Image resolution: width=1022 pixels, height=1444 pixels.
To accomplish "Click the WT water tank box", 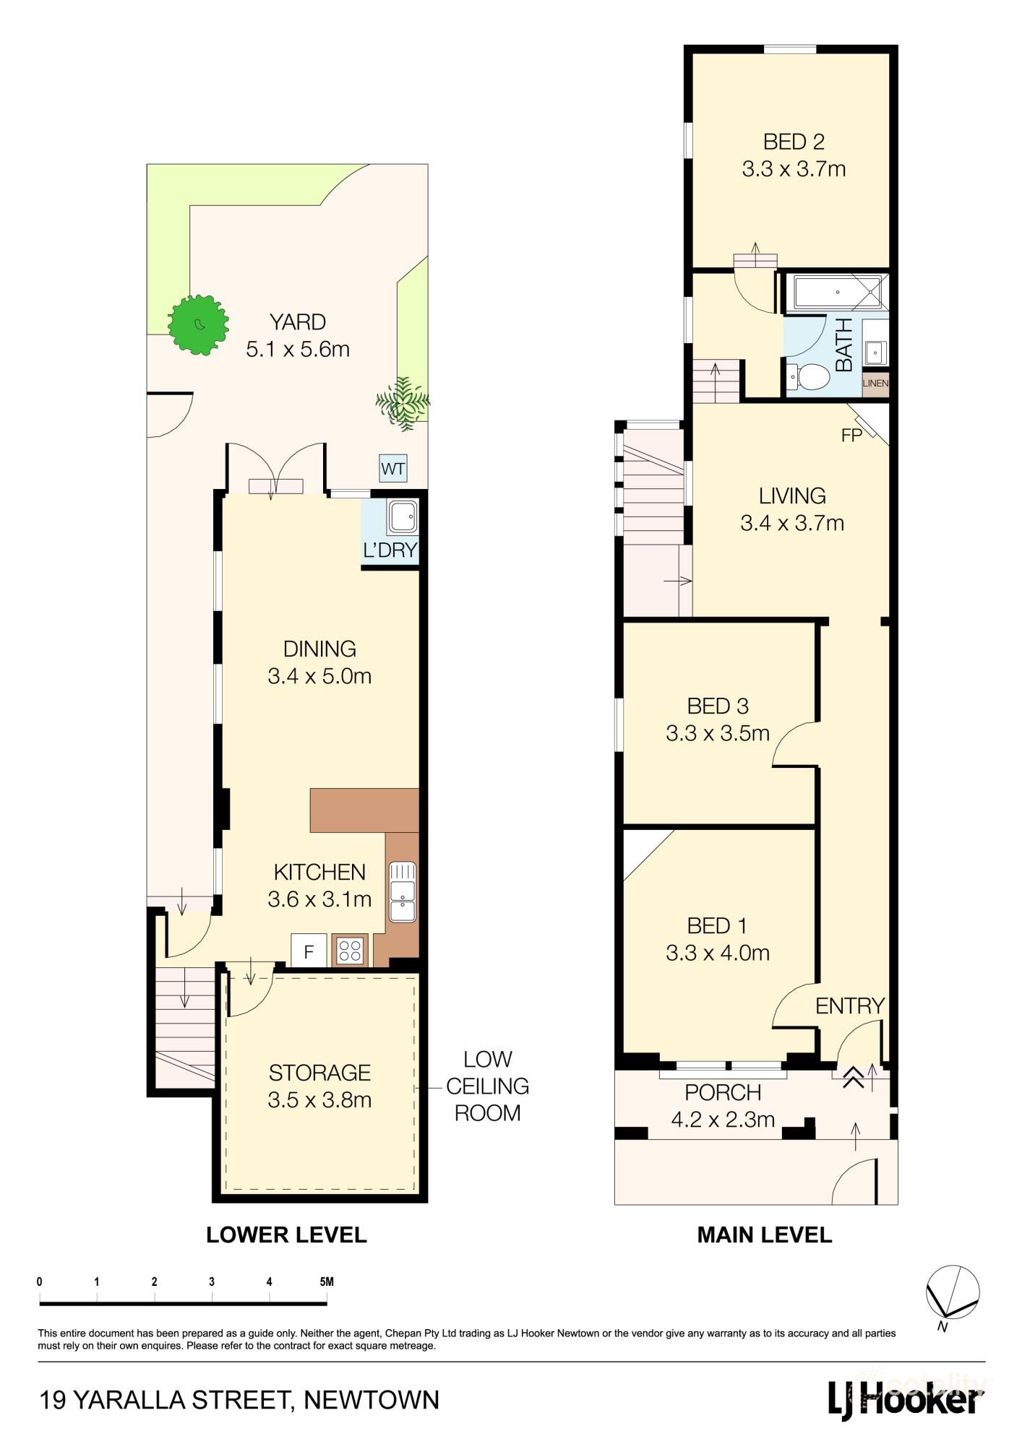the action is [393, 469].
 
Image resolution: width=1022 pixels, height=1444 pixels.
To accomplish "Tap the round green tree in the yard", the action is [198, 324].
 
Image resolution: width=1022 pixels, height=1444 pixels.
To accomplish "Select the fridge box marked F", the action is [309, 951].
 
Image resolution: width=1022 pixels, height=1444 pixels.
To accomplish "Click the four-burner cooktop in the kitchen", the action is [351, 951].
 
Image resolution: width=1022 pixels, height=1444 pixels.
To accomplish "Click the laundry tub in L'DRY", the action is [403, 517].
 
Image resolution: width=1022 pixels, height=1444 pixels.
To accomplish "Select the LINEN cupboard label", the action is [875, 383].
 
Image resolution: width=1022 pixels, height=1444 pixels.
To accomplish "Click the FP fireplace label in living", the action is [851, 436].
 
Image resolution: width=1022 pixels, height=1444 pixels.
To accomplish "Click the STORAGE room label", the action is [319, 1073].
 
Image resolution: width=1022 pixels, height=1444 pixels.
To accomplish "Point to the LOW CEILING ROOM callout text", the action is [487, 1086].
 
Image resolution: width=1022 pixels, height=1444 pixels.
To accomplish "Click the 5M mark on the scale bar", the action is [326, 1282].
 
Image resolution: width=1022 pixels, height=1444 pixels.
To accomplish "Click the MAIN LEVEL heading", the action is [764, 1235].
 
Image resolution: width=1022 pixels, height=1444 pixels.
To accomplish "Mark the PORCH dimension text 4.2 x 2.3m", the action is [723, 1120].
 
